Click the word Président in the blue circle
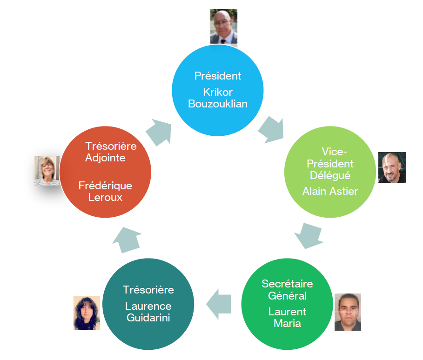pyautogui.click(x=218, y=76)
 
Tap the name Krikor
pyautogui.click(x=218, y=92)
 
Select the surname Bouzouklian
pyautogui.click(x=218, y=104)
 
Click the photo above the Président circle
pyautogui.click(x=223, y=27)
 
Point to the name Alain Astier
pyautogui.click(x=330, y=191)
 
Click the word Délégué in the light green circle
pyautogui.click(x=330, y=175)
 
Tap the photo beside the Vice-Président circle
pyautogui.click(x=392, y=167)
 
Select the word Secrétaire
pyautogui.click(x=287, y=284)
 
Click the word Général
pyautogui.click(x=287, y=296)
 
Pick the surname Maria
pyautogui.click(x=287, y=323)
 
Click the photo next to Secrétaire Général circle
pyautogui.click(x=348, y=312)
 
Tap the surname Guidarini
pyautogui.click(x=148, y=318)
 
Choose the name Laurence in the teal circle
pyautogui.click(x=148, y=306)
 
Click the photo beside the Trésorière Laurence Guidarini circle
pyautogui.click(x=87, y=313)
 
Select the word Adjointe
pyautogui.click(x=105, y=158)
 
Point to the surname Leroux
pyautogui.click(x=105, y=197)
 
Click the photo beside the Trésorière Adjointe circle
pyautogui.click(x=47, y=171)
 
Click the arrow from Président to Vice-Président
pyautogui.click(x=270, y=129)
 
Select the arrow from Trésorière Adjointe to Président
pyautogui.click(x=159, y=132)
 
